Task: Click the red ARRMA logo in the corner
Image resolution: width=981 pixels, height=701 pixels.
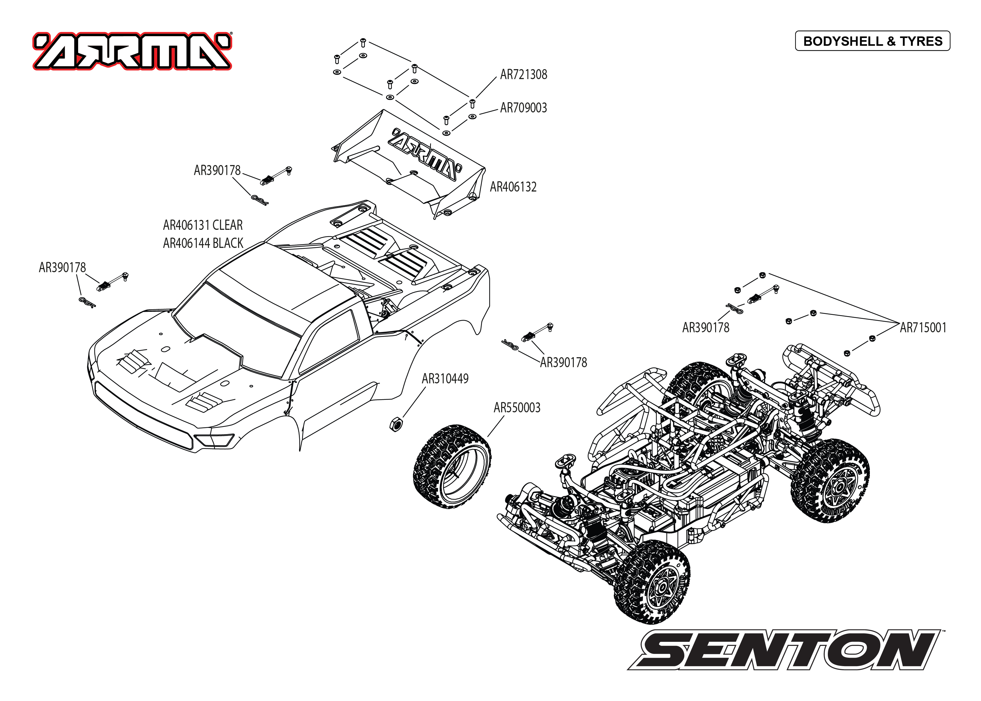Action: (x=132, y=51)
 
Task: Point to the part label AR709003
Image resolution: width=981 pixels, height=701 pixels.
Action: (x=523, y=108)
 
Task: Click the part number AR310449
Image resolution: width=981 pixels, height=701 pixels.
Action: (x=445, y=379)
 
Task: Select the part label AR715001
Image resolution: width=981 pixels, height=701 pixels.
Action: (x=923, y=328)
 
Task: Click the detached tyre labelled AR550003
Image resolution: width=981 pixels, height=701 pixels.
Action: (x=452, y=466)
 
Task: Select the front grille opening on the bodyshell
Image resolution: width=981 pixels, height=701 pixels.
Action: (x=142, y=414)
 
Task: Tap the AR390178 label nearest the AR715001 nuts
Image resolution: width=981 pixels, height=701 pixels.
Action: (x=705, y=328)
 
